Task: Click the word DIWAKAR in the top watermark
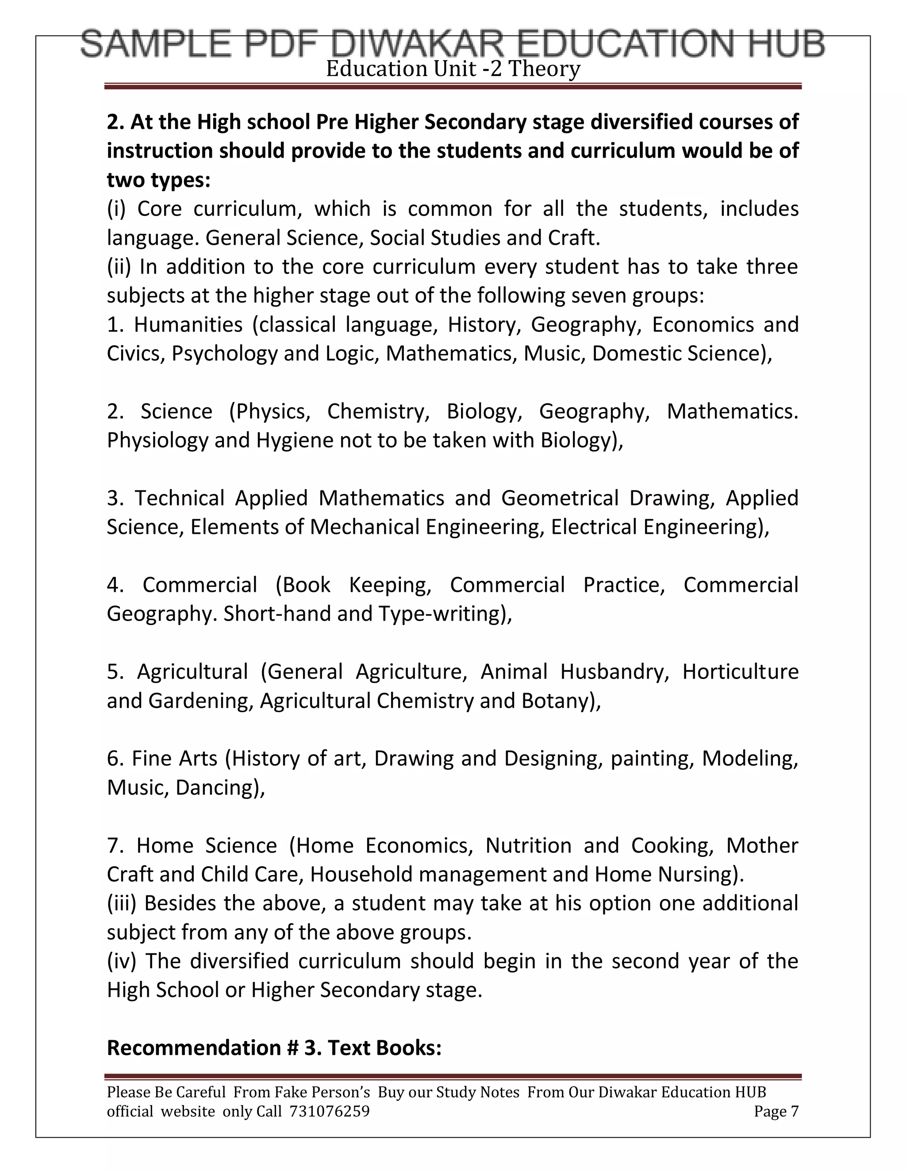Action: tap(418, 44)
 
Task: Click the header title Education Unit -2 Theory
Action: tap(453, 69)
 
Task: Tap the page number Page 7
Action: tap(775, 1111)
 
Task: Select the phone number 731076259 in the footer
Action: tap(329, 1111)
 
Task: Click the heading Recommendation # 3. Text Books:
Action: tap(274, 1047)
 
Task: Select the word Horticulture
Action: tap(740, 672)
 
